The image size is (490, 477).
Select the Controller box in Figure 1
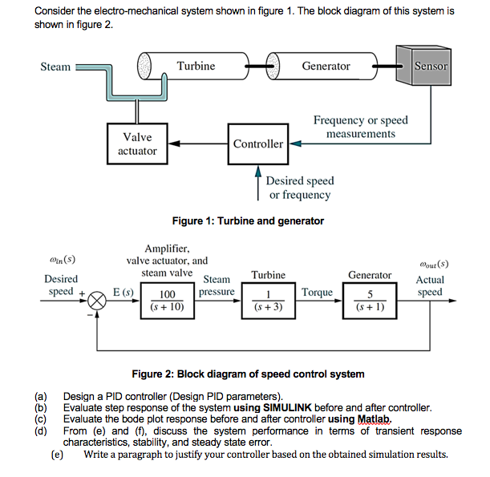[257, 144]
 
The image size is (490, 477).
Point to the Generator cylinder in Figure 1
[326, 67]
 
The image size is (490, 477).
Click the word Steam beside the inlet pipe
[55, 67]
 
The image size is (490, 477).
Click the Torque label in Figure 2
[318, 292]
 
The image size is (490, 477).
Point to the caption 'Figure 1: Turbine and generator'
[248, 220]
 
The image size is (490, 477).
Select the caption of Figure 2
[248, 374]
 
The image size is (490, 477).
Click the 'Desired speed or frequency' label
[300, 188]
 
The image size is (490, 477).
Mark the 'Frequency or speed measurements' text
[360, 127]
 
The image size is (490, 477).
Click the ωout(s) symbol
[434, 262]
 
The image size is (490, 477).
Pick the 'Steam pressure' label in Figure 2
[217, 286]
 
